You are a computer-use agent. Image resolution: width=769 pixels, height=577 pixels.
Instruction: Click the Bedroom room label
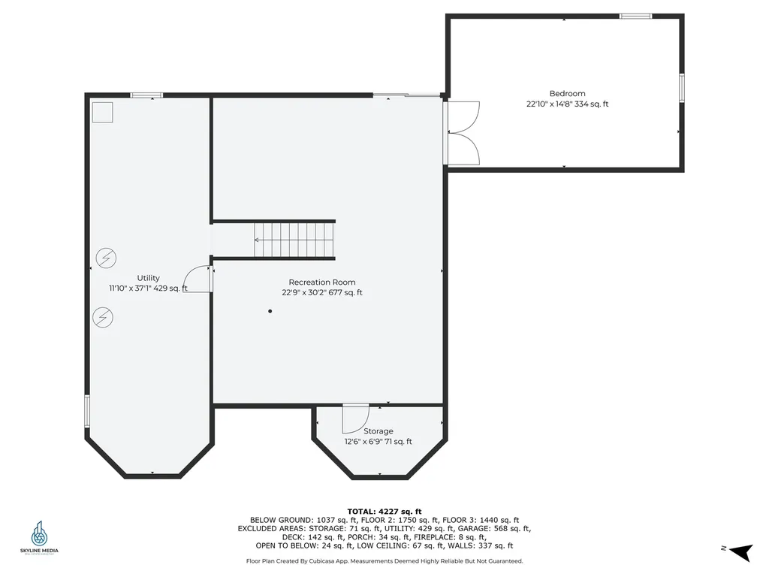(567, 94)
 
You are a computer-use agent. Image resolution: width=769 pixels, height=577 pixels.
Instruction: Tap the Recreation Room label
(322, 282)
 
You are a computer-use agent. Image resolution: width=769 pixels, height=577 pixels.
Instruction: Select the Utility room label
(148, 278)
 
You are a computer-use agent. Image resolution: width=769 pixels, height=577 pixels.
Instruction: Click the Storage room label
(378, 431)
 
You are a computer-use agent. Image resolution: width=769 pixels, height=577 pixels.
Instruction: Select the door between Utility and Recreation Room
(199, 279)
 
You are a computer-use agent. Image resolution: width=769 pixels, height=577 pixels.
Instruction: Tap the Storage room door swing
(355, 418)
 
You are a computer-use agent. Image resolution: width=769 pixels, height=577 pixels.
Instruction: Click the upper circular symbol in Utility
(105, 258)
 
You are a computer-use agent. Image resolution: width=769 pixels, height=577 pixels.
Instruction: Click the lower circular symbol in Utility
(102, 318)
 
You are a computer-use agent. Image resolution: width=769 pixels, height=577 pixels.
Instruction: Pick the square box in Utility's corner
(102, 113)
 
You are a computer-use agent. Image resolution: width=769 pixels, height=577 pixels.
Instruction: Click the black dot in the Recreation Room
(270, 311)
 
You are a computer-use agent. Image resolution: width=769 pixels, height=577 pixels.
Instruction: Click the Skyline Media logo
(39, 538)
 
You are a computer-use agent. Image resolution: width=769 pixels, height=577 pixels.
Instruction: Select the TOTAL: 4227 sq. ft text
(384, 511)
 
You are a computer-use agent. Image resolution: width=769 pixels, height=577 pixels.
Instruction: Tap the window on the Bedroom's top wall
(635, 16)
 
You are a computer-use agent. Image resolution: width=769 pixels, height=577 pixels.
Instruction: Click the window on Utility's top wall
(146, 95)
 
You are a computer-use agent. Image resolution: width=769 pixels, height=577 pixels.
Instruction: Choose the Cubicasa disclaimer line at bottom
(384, 561)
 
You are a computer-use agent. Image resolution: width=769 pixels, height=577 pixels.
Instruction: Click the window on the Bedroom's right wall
(682, 87)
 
